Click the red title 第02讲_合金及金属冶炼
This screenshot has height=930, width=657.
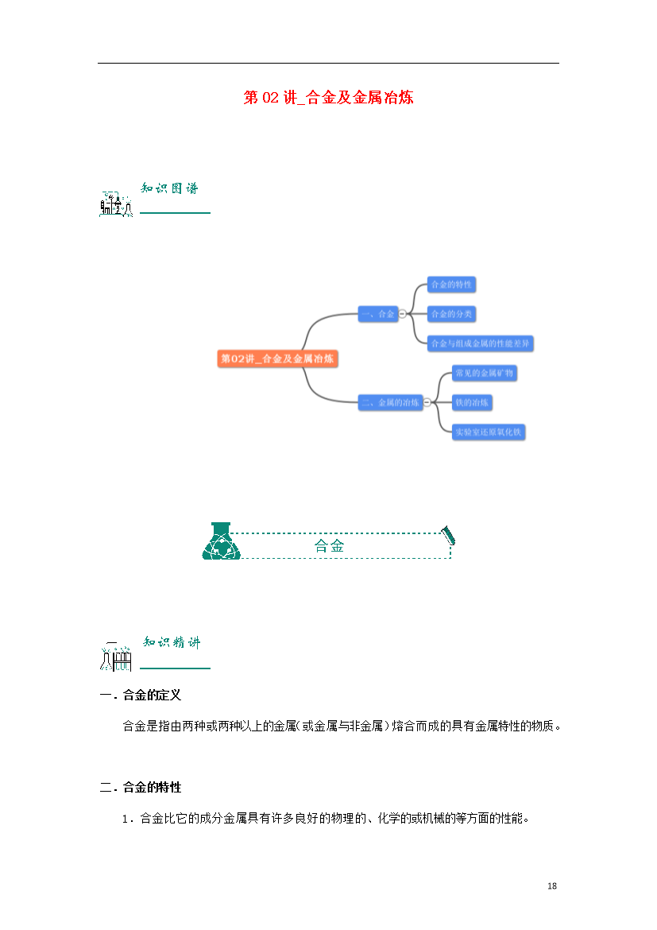click(328, 97)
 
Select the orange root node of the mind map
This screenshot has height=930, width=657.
click(277, 358)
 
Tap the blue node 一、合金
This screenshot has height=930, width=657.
click(377, 314)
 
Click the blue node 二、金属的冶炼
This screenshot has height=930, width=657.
click(390, 403)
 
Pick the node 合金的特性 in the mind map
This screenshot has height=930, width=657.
click(451, 285)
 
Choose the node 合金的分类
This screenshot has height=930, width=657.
click(451, 314)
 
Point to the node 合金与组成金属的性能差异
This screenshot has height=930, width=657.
click(481, 343)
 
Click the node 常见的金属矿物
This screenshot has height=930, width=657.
click(485, 373)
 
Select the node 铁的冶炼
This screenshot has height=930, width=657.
click(472, 403)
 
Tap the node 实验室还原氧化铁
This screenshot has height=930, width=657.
click(489, 432)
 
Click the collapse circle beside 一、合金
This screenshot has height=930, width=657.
click(403, 314)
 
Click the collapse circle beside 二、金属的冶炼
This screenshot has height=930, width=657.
click(427, 403)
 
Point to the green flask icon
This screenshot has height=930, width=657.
click(221, 541)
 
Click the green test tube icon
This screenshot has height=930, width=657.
click(448, 535)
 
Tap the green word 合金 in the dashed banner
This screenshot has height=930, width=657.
click(329, 545)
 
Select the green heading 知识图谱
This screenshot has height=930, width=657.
click(169, 188)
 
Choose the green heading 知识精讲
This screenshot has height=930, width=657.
click(172, 642)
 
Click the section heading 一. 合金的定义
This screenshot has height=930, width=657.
click(141, 696)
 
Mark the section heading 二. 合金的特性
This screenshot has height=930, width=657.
click(141, 788)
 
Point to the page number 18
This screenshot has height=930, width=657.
click(552, 886)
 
